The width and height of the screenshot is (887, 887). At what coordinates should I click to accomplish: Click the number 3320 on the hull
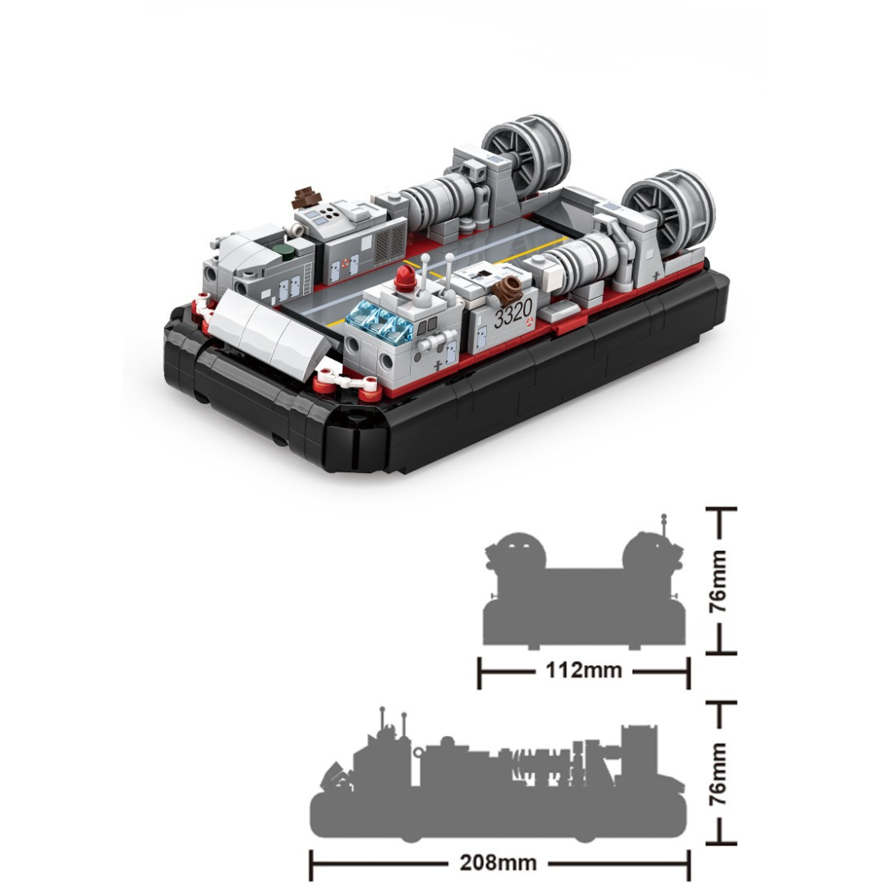513,313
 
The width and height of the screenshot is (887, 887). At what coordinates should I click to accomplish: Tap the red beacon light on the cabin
407,277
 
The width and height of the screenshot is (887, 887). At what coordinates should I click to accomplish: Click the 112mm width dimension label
584,670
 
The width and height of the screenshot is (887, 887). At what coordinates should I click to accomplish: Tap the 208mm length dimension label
499,862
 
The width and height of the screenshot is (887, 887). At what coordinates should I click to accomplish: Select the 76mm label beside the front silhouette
719,581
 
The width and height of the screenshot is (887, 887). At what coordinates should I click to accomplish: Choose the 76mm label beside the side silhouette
719,774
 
